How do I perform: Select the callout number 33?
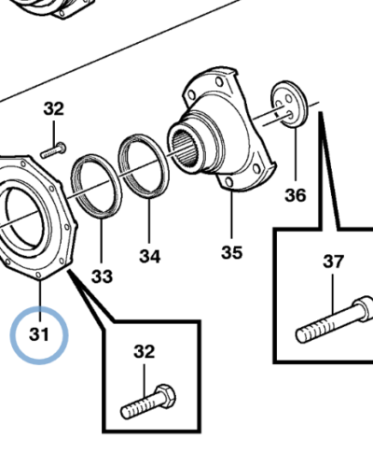coord(102,276)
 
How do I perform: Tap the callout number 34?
coord(150,256)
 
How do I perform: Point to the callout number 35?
coord(231,252)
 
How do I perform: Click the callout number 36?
coord(295,195)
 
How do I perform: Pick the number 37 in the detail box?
coord(333,262)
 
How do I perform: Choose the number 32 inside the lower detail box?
coord(144,352)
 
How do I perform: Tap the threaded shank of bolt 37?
coord(317,325)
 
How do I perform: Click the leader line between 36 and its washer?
coord(294,154)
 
